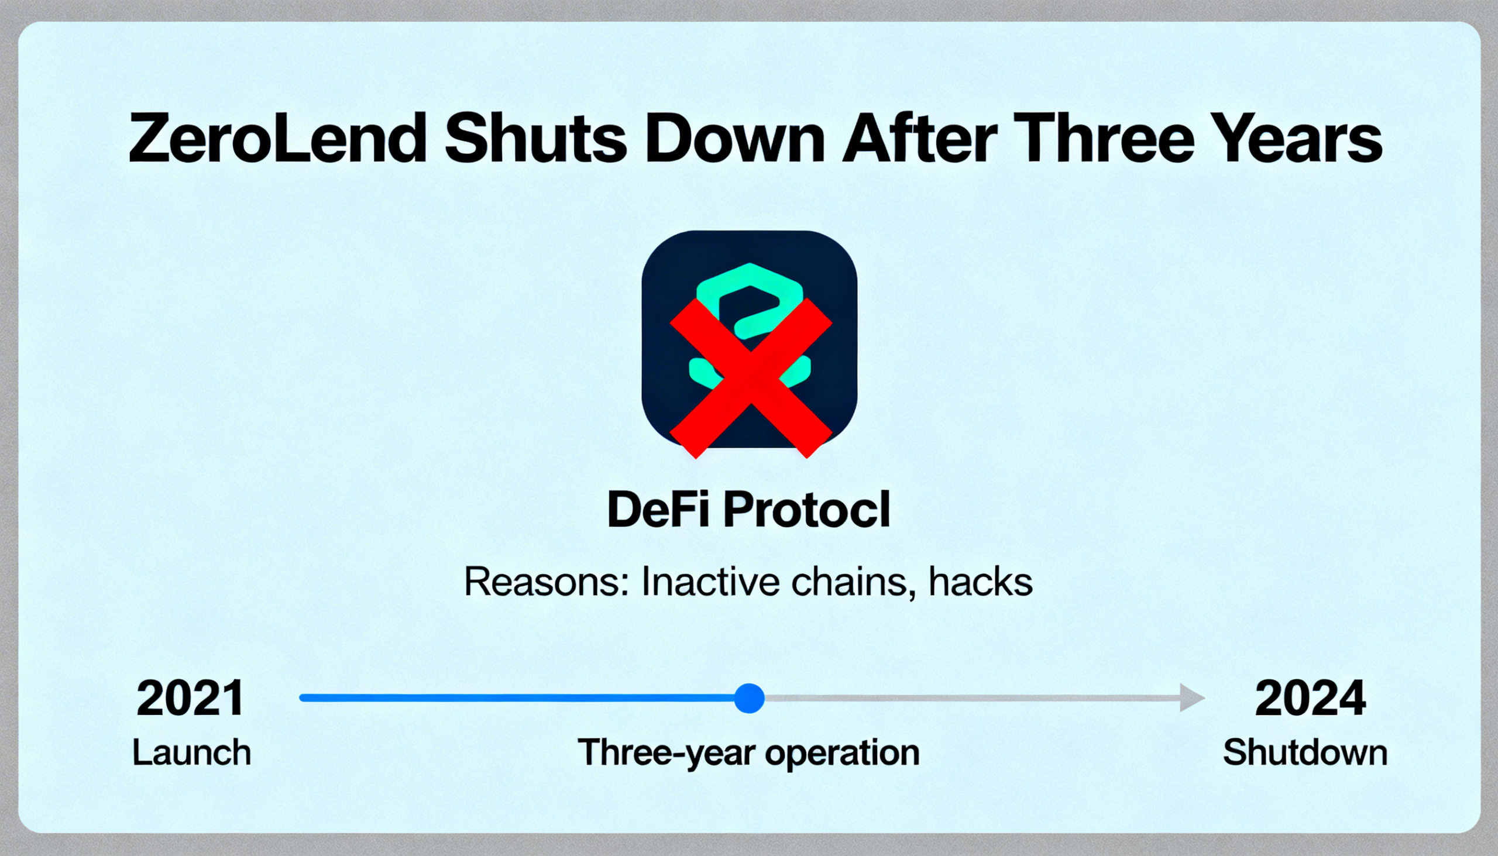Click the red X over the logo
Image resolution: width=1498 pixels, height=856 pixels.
[751, 378]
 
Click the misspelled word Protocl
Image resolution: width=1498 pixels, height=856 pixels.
[806, 509]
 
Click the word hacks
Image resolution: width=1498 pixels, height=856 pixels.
[980, 582]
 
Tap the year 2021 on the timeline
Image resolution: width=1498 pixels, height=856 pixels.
[191, 698]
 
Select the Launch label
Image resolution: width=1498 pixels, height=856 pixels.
[192, 752]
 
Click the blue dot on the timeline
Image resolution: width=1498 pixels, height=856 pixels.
[750, 699]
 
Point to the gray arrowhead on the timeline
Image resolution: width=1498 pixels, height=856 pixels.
[1193, 699]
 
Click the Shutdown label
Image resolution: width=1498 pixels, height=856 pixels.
[1304, 752]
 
